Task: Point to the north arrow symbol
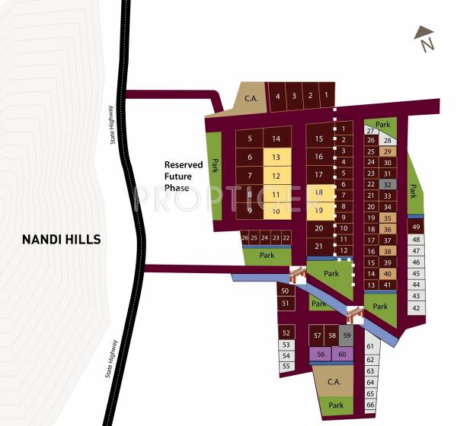[424, 38]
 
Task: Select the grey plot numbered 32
[388, 184]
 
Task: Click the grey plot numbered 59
[347, 335]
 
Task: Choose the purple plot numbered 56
[320, 354]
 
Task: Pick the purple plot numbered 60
[342, 354]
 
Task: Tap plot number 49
[415, 227]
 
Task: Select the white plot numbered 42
[415, 308]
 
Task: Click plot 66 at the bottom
[370, 406]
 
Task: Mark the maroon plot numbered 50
[285, 291]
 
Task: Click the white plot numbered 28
[388, 141]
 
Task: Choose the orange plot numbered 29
[388, 151]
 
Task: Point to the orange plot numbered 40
[388, 274]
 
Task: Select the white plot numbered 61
[370, 347]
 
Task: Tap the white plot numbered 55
[286, 367]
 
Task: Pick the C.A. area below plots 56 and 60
[333, 382]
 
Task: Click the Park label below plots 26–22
[267, 256]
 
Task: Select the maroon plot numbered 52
[286, 333]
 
